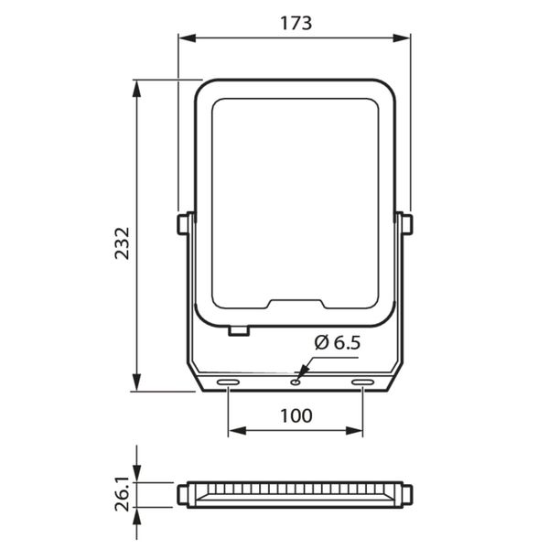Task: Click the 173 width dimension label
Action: point(296,24)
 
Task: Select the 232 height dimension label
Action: point(123,243)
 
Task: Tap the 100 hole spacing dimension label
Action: point(296,416)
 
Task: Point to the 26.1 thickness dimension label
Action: point(123,494)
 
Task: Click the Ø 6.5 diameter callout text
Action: point(337,342)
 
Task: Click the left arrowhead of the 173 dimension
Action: point(187,38)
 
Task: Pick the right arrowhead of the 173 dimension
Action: point(402,38)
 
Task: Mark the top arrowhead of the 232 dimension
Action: point(136,89)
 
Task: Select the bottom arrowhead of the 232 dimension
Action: point(136,382)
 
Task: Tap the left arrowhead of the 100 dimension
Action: point(237,431)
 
